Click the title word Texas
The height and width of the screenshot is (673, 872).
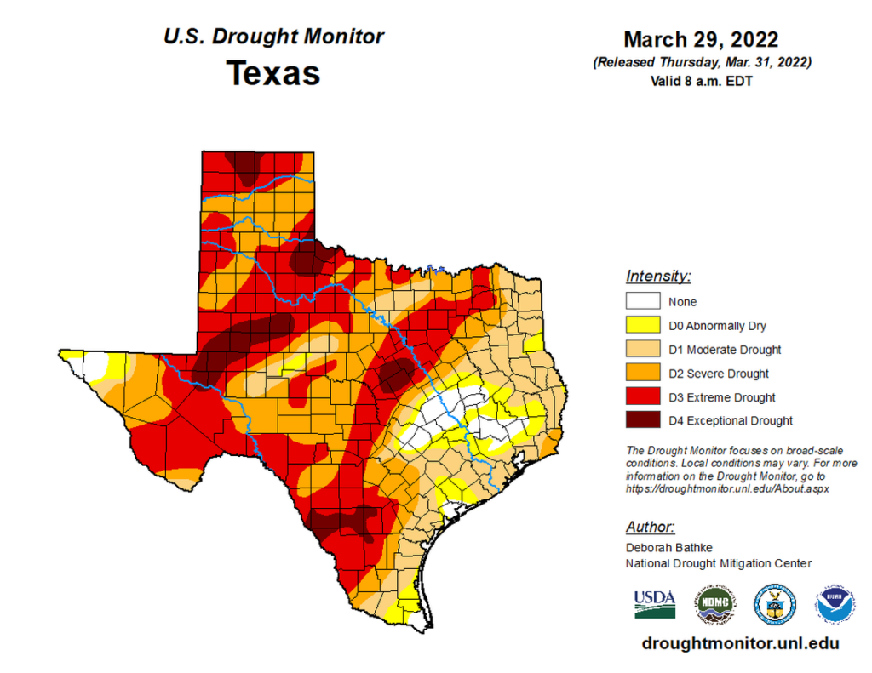[x=272, y=74]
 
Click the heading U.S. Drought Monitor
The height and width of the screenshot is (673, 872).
[x=273, y=37]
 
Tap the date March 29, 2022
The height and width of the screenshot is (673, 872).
[x=700, y=40]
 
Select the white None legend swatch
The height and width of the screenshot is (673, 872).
[x=643, y=301]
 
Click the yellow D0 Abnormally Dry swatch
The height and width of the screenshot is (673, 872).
[x=643, y=325]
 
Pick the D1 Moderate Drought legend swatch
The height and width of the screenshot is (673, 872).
[x=643, y=349]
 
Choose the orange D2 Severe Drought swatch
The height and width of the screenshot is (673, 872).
[x=643, y=373]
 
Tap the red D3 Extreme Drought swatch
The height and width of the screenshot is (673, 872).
[x=643, y=396]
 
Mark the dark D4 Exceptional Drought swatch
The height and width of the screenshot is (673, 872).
[x=643, y=420]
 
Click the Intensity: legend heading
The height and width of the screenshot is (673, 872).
[x=658, y=276]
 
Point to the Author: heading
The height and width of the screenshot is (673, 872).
[x=651, y=526]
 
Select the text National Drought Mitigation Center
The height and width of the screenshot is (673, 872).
[x=719, y=563]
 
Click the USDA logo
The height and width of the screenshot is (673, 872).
[x=654, y=603]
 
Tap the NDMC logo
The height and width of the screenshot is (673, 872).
[x=715, y=603]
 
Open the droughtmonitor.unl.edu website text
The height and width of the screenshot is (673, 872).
[x=740, y=644]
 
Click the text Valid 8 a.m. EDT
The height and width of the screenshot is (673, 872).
[x=702, y=82]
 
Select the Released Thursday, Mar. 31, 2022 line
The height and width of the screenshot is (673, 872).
[x=701, y=63]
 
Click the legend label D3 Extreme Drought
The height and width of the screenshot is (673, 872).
[x=721, y=397]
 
